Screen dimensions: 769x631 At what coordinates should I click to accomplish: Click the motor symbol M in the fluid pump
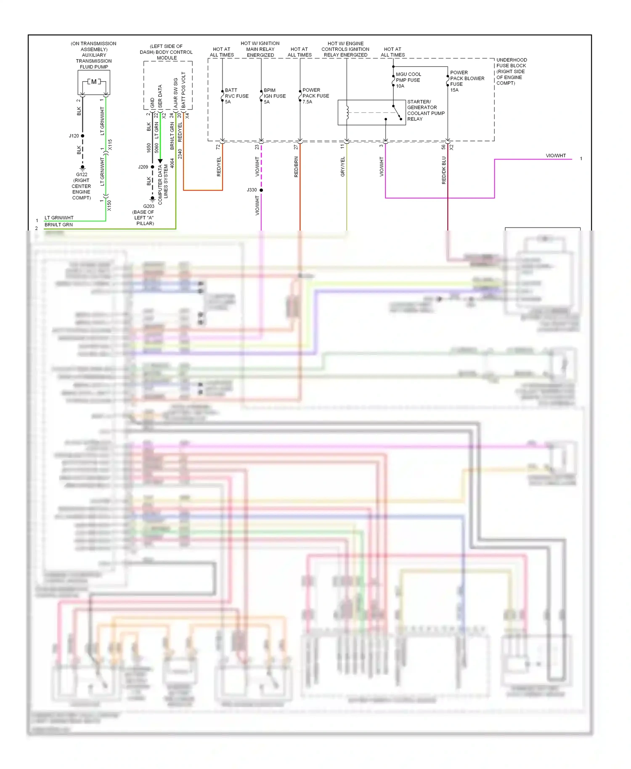tap(94, 82)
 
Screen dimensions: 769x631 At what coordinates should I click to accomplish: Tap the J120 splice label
tap(74, 136)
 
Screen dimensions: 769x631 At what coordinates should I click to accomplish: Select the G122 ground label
tap(82, 175)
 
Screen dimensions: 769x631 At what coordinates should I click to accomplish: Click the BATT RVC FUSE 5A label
tap(236, 96)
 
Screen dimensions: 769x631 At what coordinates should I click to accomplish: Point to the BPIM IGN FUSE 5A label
tap(274, 96)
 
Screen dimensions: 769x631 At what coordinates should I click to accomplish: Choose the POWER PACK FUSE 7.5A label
tap(315, 96)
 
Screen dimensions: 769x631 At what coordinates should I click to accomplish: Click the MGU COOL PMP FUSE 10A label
tap(408, 80)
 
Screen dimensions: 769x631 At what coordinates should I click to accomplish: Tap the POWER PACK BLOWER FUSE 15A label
tap(467, 81)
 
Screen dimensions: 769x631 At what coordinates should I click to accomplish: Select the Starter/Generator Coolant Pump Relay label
tap(425, 110)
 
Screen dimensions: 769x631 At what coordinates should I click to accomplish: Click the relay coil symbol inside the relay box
tap(347, 112)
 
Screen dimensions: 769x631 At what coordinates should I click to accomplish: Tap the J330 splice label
tap(252, 190)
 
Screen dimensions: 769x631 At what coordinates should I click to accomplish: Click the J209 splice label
tap(143, 167)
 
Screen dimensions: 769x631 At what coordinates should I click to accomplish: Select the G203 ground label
tap(148, 206)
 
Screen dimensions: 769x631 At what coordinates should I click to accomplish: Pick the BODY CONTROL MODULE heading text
tap(166, 52)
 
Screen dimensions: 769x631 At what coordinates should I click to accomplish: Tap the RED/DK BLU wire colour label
tap(444, 170)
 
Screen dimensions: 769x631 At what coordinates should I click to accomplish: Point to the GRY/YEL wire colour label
tap(342, 167)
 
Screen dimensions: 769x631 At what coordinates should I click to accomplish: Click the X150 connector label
tap(109, 205)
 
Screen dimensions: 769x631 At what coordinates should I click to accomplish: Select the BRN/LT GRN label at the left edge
tap(58, 225)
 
